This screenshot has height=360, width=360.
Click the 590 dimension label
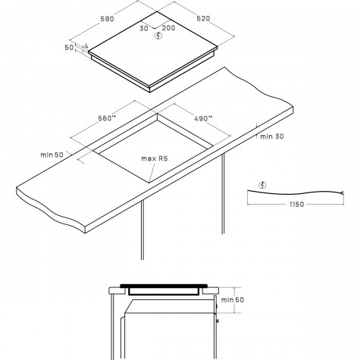pyautogui.click(x=108, y=19)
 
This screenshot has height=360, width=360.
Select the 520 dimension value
pyautogui.click(x=203, y=18)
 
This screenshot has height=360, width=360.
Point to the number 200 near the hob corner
pyautogui.click(x=168, y=28)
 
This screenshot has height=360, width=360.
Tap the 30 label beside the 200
pyautogui.click(x=144, y=28)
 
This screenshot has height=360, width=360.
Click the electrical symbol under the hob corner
pyautogui.click(x=158, y=36)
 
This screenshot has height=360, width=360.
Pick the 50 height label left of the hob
pyautogui.click(x=69, y=47)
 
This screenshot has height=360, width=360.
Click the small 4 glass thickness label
pyautogui.click(x=86, y=46)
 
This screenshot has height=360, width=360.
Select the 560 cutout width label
pyautogui.click(x=107, y=118)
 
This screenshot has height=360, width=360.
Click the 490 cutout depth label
pyautogui.click(x=203, y=118)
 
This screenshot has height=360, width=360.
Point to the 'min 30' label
pyautogui.click(x=272, y=136)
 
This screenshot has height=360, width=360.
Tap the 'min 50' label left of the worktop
pyautogui.click(x=52, y=155)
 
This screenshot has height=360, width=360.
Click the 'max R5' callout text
pyautogui.click(x=155, y=158)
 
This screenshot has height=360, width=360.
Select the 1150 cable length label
pyautogui.click(x=296, y=204)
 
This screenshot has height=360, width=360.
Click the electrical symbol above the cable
pyautogui.click(x=263, y=185)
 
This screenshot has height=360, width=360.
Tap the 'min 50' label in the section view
pyautogui.click(x=233, y=300)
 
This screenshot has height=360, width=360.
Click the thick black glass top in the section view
pyautogui.click(x=164, y=286)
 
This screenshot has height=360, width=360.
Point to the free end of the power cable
pyautogui.click(x=342, y=193)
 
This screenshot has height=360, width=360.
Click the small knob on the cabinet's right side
pyautogui.click(x=218, y=321)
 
